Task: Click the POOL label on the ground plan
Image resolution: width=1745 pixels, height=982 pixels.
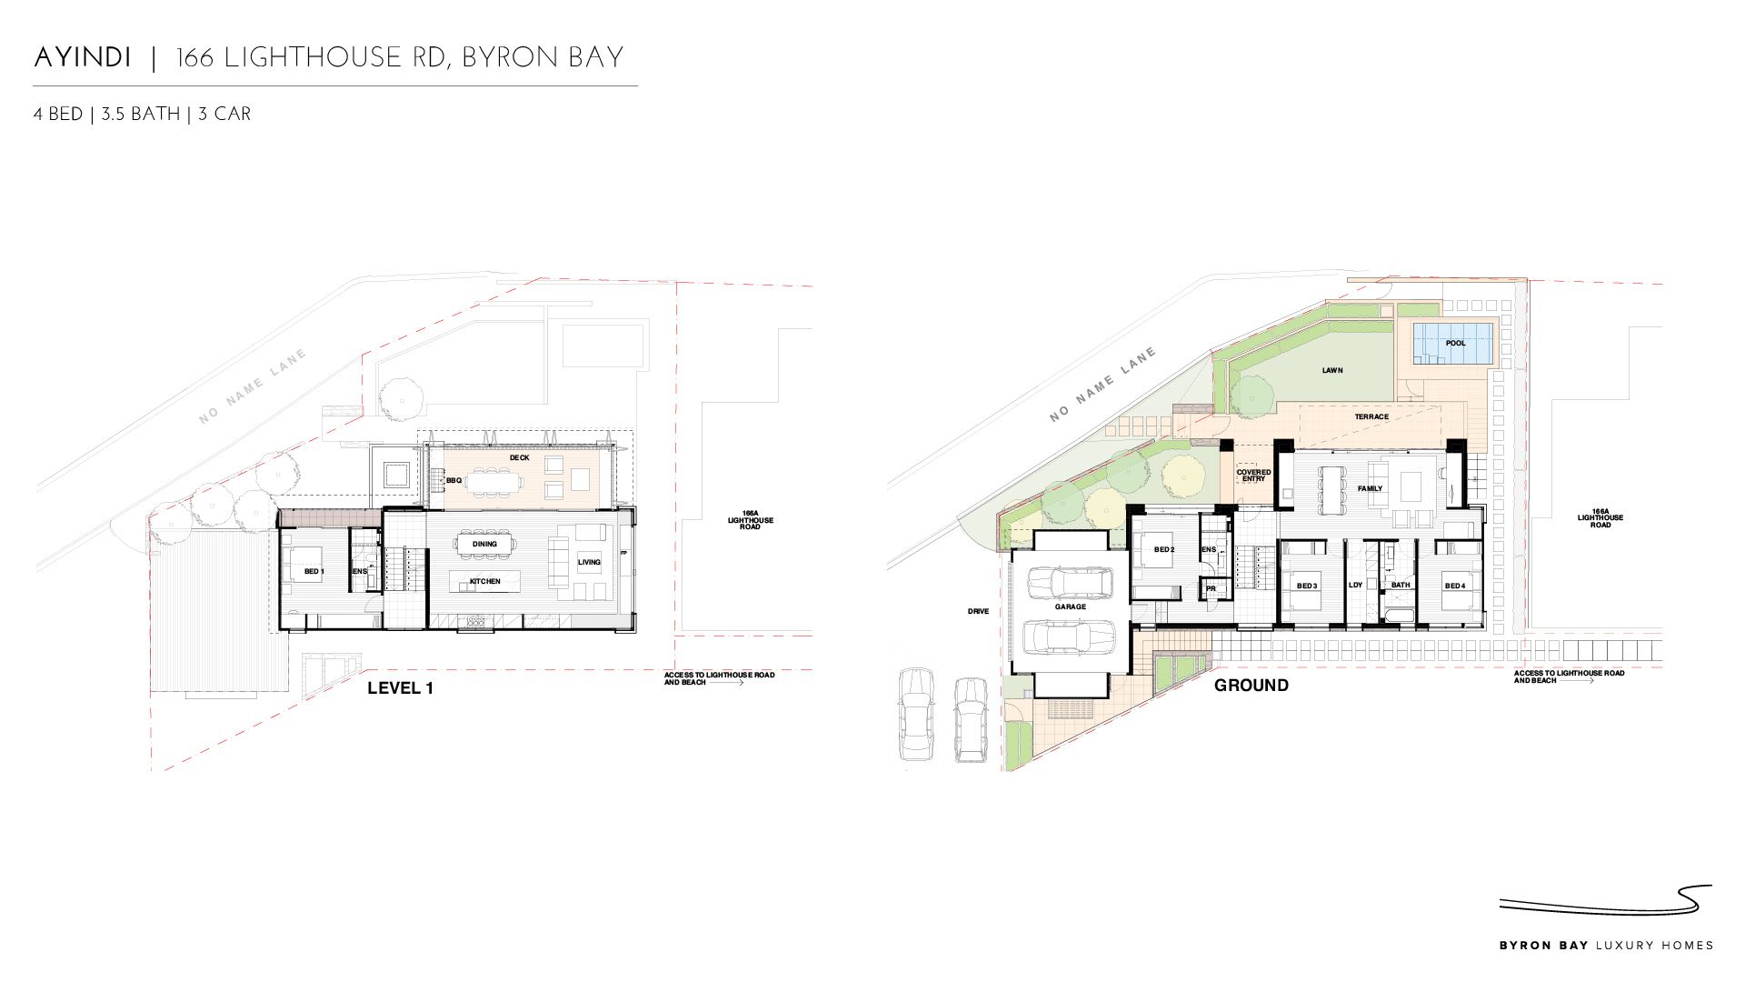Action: coord(1455,343)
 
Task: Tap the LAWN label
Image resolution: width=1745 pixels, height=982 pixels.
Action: coord(1332,370)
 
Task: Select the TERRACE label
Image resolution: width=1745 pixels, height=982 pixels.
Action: coord(1371,416)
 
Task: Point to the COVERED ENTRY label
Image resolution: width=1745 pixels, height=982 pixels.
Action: coord(1253,476)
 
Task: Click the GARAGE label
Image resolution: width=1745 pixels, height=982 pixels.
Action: coord(1071,606)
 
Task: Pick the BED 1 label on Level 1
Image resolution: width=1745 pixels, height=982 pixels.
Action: coord(314,571)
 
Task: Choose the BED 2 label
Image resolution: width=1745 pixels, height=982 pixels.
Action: coord(1164,549)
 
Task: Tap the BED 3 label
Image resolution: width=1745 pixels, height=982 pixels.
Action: coord(1307,586)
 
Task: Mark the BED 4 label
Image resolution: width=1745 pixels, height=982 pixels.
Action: coord(1455,586)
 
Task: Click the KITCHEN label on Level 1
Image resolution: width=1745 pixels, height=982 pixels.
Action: coord(485,581)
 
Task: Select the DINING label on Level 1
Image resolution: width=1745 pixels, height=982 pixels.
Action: coord(484,544)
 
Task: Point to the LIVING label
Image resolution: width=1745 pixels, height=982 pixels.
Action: coord(589,562)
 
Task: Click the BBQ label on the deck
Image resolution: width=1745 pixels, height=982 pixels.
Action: coord(454,480)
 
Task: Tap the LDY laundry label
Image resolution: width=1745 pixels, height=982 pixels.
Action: coord(1355,585)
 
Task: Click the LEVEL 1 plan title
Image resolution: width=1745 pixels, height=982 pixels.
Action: coord(400,688)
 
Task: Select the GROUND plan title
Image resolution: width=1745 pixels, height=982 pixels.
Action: coord(1251,686)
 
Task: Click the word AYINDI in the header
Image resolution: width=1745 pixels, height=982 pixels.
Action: coord(83,58)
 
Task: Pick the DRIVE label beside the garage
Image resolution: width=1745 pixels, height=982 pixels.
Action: coord(978,611)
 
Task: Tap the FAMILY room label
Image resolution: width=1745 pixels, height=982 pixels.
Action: coord(1370,488)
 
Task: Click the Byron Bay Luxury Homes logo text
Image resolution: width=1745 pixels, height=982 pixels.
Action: coord(1607,946)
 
